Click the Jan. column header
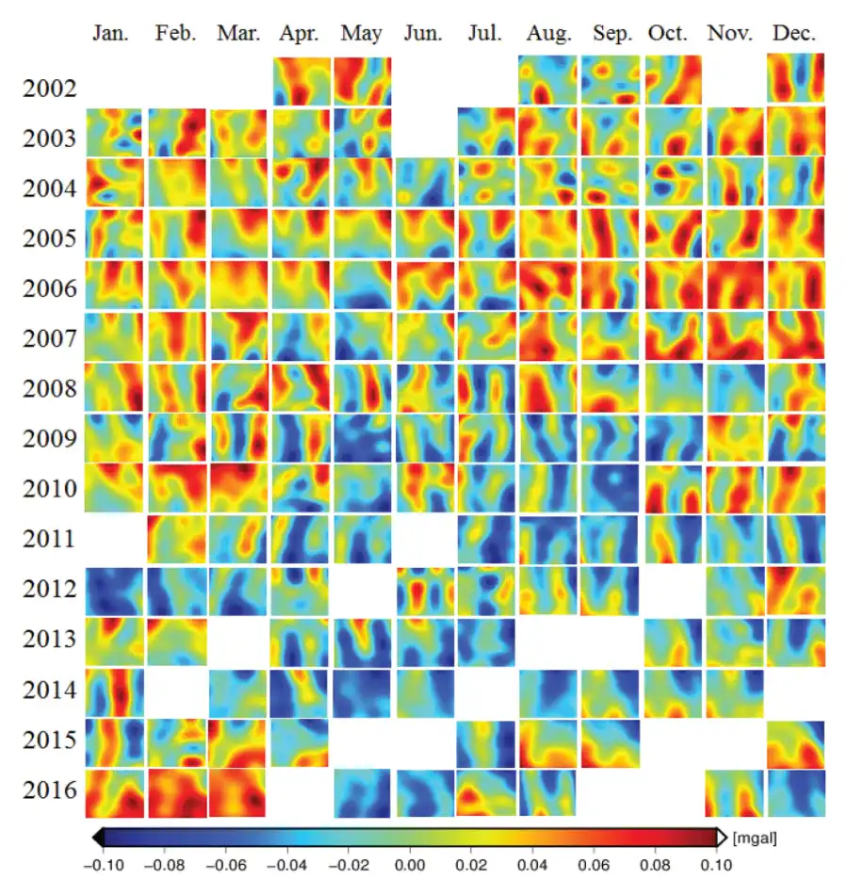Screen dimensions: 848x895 click(x=110, y=33)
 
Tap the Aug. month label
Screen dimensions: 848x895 click(x=548, y=34)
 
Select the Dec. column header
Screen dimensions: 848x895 click(x=793, y=33)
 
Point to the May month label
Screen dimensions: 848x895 click(x=361, y=34)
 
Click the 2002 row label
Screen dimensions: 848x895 click(x=49, y=89)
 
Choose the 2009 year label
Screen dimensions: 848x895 click(x=49, y=438)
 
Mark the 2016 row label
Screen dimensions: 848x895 click(x=49, y=790)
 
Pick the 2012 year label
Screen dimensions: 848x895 click(x=49, y=589)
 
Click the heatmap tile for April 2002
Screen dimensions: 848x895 click(x=302, y=81)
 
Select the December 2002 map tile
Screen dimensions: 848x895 click(x=795, y=78)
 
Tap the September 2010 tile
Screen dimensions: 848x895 click(x=610, y=488)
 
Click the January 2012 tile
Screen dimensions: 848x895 click(x=114, y=592)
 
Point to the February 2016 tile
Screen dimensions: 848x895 click(x=177, y=793)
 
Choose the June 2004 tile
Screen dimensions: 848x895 click(x=426, y=182)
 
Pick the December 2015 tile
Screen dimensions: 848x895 click(x=795, y=744)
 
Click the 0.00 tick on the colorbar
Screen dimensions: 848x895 click(x=410, y=865)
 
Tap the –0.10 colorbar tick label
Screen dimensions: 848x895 click(x=104, y=865)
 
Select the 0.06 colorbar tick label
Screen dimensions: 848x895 click(x=594, y=865)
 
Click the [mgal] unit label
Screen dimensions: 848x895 click(x=755, y=838)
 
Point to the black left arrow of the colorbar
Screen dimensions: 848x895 click(x=98, y=838)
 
